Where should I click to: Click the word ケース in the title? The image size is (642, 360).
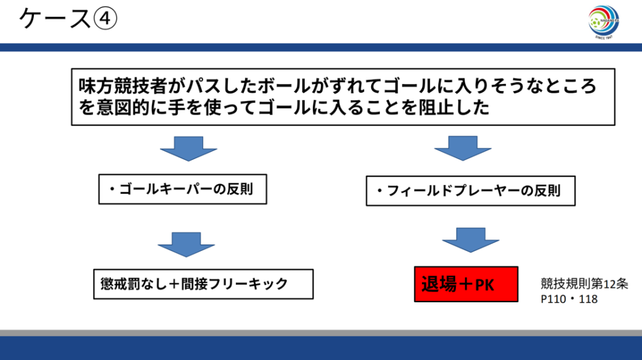(x=55, y=19)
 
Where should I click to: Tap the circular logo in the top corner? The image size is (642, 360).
(x=603, y=23)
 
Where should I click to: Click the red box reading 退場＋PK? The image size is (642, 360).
(x=466, y=285)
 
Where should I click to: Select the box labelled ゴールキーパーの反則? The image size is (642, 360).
(x=182, y=189)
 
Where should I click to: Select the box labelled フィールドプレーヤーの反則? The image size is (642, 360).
(x=471, y=192)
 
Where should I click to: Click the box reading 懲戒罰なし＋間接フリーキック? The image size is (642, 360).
(x=203, y=283)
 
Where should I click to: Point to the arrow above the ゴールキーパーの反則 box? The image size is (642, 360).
(x=188, y=149)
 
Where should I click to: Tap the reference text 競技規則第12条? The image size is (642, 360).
(x=584, y=283)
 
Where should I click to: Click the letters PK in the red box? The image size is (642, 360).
(x=485, y=286)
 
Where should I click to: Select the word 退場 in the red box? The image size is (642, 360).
(x=439, y=285)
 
